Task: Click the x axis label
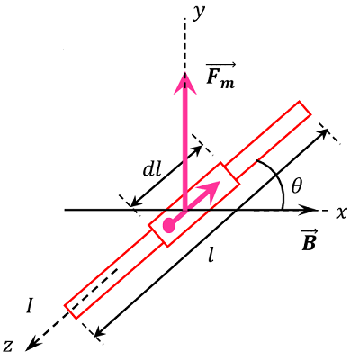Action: point(341,213)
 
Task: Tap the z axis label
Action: point(10,344)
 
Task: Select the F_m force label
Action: point(220,77)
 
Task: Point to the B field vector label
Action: point(308,242)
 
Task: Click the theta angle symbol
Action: point(298,186)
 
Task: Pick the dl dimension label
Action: point(151,167)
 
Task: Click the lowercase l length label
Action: point(211,255)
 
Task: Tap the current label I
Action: point(30,306)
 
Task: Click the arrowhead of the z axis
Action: point(31,345)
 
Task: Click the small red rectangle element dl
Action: point(194,204)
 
